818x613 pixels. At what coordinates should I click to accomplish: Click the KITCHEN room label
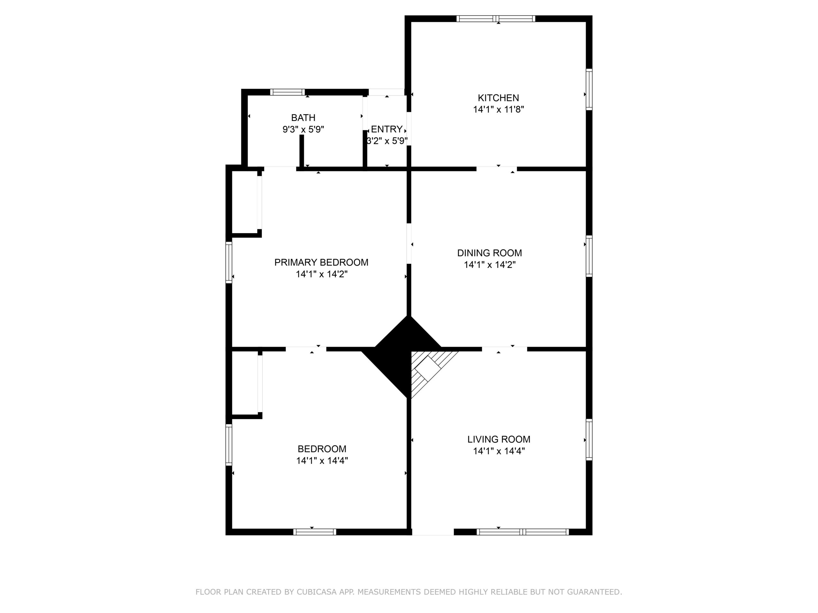498,98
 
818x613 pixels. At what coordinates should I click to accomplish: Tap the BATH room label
303,118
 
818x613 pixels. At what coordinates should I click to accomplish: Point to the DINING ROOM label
490,253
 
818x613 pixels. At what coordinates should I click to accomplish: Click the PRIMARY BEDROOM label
321,262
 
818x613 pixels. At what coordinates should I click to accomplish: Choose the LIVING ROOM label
498,439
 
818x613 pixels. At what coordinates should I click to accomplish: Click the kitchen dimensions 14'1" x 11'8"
498,110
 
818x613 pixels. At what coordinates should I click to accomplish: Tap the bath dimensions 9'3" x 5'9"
303,130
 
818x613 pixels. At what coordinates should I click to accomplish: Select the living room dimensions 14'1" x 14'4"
499,451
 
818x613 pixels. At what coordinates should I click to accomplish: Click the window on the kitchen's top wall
496,19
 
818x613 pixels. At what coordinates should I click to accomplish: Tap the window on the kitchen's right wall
589,89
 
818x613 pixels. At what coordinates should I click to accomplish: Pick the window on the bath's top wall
287,92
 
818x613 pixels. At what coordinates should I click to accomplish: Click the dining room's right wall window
589,256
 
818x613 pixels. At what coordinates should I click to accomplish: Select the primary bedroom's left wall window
229,262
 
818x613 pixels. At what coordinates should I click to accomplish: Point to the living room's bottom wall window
522,532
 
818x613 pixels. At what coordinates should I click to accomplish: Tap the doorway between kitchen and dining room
496,169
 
